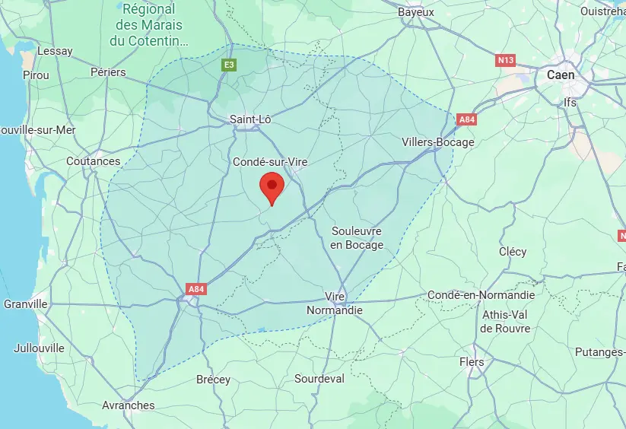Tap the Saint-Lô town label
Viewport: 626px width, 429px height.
(250, 119)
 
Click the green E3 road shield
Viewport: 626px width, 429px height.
(228, 65)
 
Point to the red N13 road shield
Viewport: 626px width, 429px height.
(505, 59)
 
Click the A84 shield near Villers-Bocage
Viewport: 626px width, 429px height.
(466, 119)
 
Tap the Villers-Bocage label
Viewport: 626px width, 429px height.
(437, 142)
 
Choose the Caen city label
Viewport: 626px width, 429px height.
(561, 75)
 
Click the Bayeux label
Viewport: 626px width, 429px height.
(416, 12)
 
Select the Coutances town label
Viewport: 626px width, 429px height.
(94, 161)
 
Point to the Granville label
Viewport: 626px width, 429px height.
(26, 303)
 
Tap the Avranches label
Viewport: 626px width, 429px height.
(129, 405)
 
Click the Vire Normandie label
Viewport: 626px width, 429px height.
(335, 303)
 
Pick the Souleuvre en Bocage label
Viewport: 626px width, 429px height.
(356, 237)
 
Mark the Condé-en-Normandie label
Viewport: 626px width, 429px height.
(481, 295)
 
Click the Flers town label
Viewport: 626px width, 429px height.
(472, 362)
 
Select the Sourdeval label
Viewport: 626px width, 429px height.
(319, 379)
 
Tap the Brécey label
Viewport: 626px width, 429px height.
(213, 379)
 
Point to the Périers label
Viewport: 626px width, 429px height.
(108, 72)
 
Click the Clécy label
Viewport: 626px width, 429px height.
(513, 252)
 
